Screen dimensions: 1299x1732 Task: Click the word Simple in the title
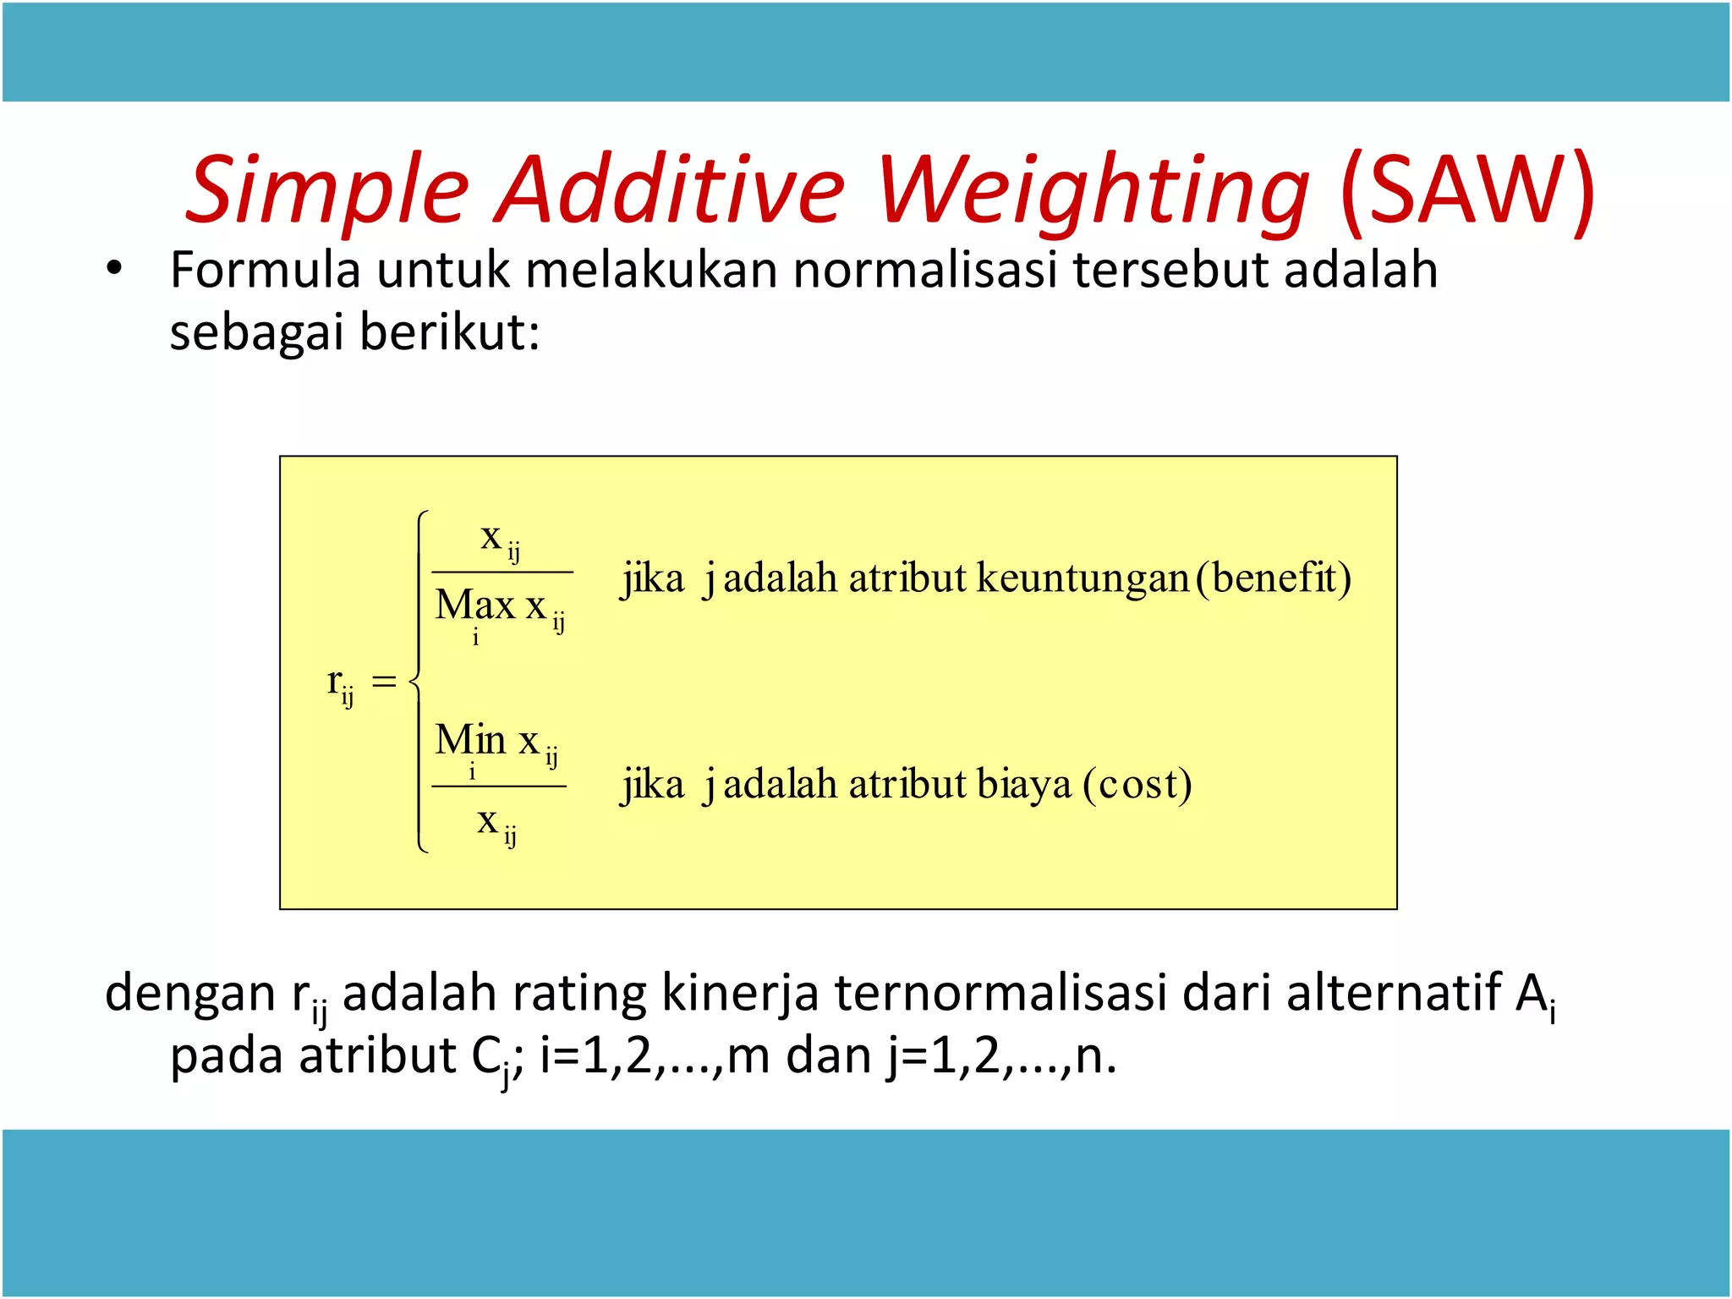click(326, 191)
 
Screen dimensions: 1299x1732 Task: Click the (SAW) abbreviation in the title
click(1467, 189)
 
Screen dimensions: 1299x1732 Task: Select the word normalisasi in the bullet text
click(924, 271)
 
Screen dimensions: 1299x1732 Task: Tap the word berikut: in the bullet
click(449, 332)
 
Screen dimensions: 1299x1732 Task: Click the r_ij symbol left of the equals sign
click(339, 683)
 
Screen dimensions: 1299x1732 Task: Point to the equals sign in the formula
click(384, 682)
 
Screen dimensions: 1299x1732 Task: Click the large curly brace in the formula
click(419, 682)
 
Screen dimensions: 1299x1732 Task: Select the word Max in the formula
click(474, 606)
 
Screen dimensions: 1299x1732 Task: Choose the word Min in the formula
click(469, 741)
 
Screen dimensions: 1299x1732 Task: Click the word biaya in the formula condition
click(1023, 785)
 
